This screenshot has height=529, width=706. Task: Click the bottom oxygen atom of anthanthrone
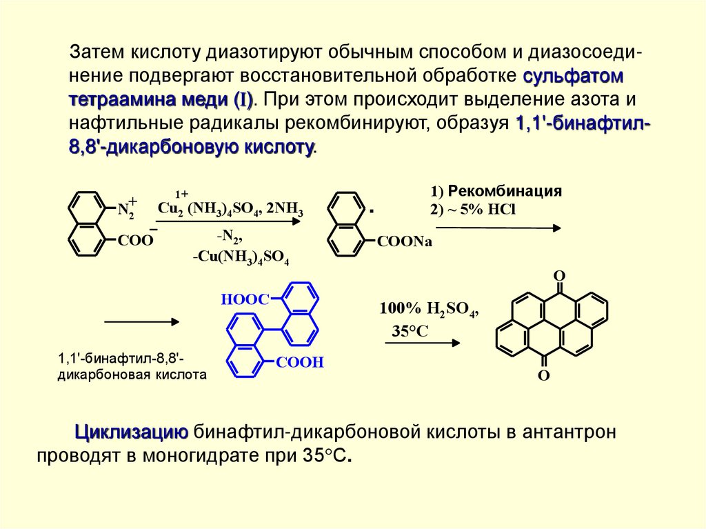[x=543, y=376]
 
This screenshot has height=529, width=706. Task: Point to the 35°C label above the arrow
[x=410, y=332]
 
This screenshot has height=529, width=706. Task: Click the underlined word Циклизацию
[x=132, y=432]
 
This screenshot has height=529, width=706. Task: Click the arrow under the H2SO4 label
[x=421, y=343]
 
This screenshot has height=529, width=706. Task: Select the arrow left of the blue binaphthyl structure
[x=142, y=321]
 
